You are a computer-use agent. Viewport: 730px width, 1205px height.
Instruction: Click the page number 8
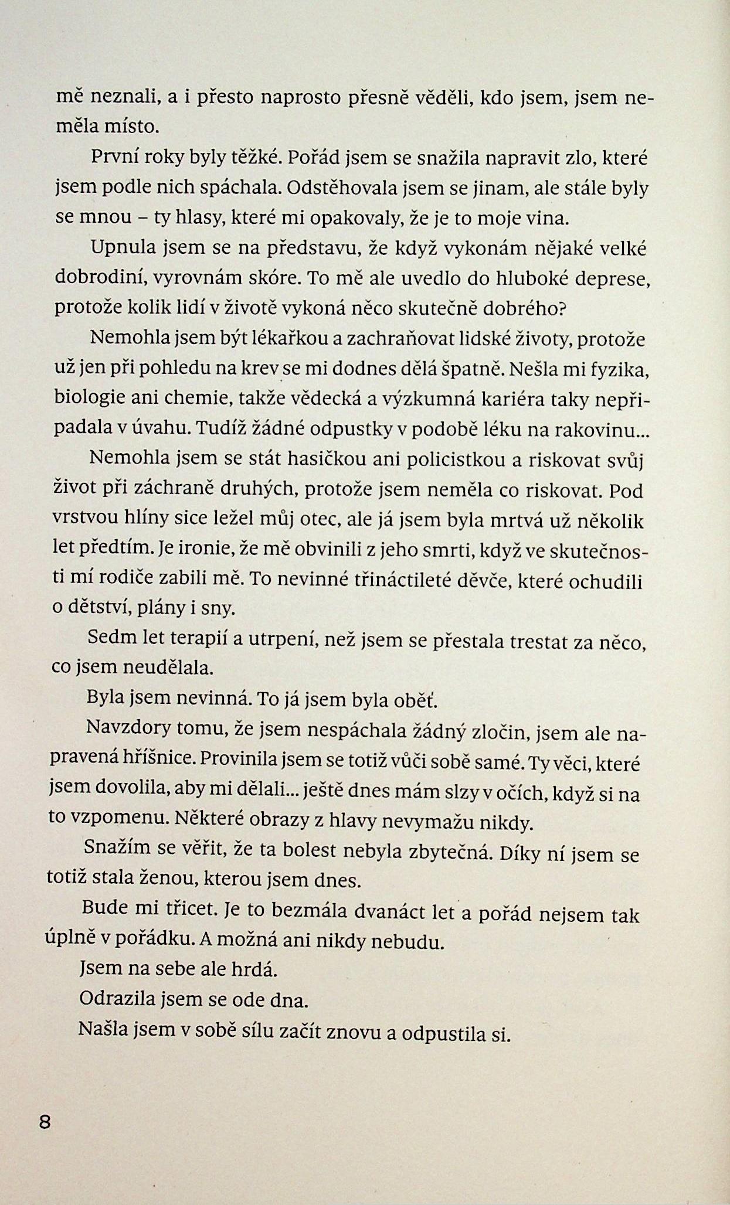[x=45, y=1123]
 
